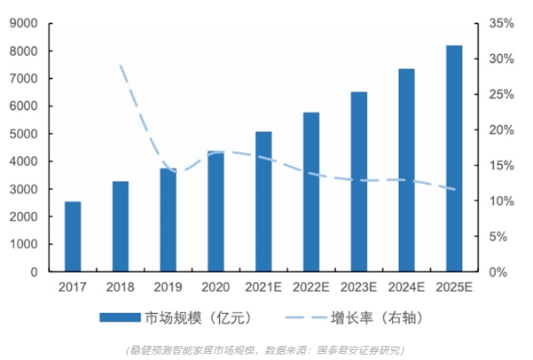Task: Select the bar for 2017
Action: click(x=73, y=237)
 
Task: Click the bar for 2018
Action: click(x=121, y=226)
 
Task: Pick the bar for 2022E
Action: click(x=311, y=192)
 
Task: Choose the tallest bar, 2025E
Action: click(x=454, y=159)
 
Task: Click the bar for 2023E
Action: click(x=359, y=182)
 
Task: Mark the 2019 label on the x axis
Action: click(x=168, y=286)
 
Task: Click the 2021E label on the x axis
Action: click(x=263, y=286)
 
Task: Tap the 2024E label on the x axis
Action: click(x=406, y=286)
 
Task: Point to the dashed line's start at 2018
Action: click(x=121, y=65)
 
